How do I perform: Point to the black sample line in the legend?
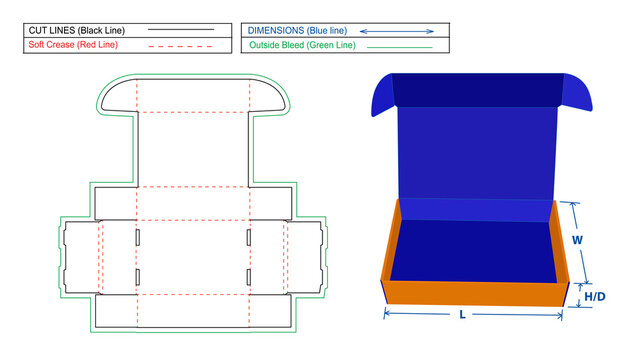coord(181,31)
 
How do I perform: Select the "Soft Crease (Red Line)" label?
coord(70,46)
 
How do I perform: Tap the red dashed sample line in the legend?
coord(181,46)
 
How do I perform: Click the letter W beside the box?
coord(578,241)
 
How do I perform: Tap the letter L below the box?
coord(461,314)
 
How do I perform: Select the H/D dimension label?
coord(596,297)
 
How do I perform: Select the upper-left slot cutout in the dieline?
coord(137,237)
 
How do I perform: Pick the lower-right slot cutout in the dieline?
coord(247,275)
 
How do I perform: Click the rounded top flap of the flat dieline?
coord(190,96)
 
